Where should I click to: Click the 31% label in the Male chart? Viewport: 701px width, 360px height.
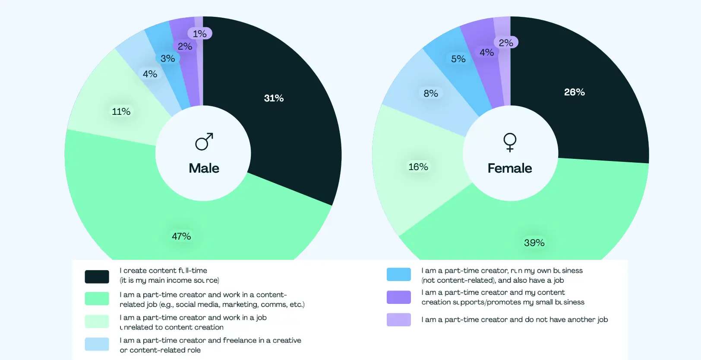coord(274,98)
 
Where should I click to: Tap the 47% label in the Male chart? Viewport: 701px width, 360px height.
coord(181,237)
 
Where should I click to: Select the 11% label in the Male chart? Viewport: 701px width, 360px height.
coord(121,112)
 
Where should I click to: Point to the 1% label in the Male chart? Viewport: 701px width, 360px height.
coord(199,34)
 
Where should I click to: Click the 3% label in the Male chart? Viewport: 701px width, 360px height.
coord(167,59)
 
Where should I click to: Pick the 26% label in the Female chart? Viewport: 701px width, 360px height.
coord(574,92)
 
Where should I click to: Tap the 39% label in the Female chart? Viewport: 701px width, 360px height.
coord(534,243)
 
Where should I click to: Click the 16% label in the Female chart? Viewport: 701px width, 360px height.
coord(418,167)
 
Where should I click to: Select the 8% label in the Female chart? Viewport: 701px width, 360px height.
coord(430,94)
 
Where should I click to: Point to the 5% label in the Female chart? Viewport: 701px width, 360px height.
coord(458,59)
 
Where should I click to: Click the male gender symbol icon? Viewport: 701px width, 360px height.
coord(204,142)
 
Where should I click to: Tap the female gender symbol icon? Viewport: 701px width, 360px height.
coord(510,142)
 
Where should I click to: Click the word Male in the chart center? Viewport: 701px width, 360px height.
coord(204,168)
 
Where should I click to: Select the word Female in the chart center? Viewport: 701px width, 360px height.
coord(510,168)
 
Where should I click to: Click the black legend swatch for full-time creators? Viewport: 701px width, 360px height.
coord(97,277)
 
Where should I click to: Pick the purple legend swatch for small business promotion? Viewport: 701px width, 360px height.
coord(398,297)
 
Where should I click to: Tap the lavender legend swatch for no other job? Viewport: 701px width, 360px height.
coord(398,320)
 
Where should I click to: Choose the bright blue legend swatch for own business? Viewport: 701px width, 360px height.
coord(398,275)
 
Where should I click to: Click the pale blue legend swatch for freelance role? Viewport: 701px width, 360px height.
coord(97,344)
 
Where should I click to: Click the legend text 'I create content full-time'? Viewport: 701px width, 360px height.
coord(164,271)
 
